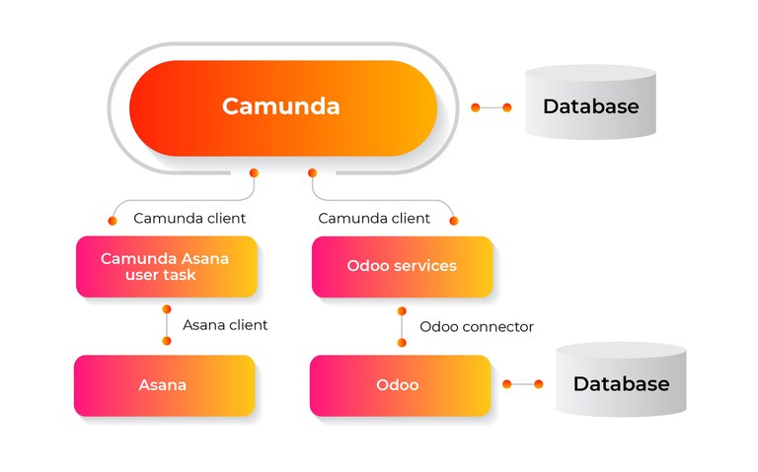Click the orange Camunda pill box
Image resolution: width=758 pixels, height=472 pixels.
(281, 107)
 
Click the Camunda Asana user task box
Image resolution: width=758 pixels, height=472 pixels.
(166, 266)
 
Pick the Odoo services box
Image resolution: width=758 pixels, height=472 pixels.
(402, 266)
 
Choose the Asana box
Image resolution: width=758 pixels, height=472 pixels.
(164, 385)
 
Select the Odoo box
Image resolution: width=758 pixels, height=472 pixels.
(399, 385)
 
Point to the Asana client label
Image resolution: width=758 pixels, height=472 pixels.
(225, 324)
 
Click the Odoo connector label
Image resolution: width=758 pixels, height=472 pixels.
(477, 326)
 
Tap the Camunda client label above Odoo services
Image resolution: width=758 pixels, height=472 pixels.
(374, 218)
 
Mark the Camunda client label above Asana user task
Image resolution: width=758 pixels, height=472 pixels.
(189, 218)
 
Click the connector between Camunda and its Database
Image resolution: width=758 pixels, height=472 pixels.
(492, 107)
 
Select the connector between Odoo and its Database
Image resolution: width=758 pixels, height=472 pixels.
(522, 383)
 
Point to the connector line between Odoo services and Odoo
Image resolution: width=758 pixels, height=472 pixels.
(402, 326)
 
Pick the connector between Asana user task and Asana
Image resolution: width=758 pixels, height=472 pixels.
(167, 324)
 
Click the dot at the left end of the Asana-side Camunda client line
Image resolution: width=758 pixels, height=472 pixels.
(113, 221)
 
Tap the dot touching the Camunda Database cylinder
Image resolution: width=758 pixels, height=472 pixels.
(508, 107)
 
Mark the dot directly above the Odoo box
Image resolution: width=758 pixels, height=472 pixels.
(402, 342)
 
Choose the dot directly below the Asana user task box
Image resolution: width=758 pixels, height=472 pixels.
(167, 308)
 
